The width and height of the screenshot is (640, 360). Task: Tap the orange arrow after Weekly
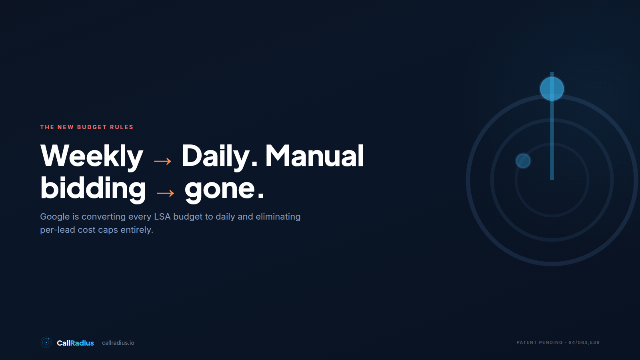(x=162, y=162)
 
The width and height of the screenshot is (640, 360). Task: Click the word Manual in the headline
(x=314, y=155)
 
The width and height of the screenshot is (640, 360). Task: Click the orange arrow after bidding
(x=166, y=194)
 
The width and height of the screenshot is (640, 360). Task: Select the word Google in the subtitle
(x=55, y=217)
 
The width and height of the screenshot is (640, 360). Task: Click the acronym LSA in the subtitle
(x=162, y=216)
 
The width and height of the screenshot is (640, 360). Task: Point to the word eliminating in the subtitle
(x=278, y=217)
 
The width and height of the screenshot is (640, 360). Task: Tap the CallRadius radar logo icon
(x=46, y=342)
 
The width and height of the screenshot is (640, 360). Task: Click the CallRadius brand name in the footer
(x=75, y=343)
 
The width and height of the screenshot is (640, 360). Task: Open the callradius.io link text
(x=118, y=343)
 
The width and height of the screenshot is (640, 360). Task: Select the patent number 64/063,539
(x=584, y=342)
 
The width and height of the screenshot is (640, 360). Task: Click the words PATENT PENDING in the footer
(x=540, y=342)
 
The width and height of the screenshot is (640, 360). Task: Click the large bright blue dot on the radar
(x=552, y=88)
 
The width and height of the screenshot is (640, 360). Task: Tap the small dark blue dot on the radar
(x=523, y=161)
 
